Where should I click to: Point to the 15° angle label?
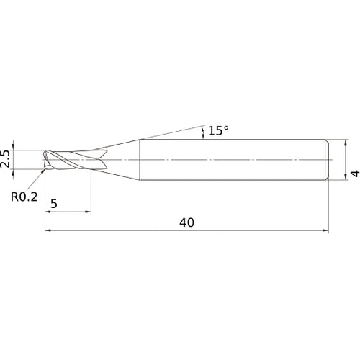218,130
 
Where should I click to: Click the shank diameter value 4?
354,174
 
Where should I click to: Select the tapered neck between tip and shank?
119,158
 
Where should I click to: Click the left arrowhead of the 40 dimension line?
48,231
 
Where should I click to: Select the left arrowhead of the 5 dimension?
48,212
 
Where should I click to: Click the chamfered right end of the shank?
328,158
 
